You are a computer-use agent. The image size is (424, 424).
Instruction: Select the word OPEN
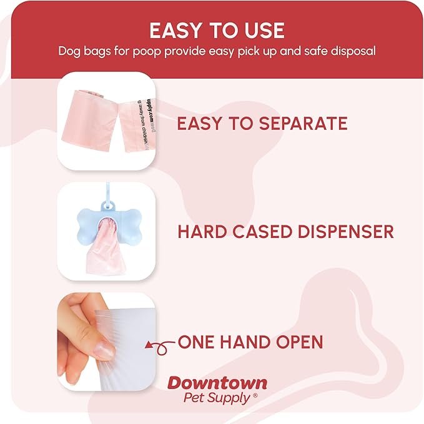pyautogui.click(x=300, y=342)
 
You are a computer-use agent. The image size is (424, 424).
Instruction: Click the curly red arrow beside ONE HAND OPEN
pyautogui.click(x=159, y=343)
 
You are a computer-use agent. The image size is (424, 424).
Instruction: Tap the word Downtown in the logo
pyautogui.click(x=217, y=383)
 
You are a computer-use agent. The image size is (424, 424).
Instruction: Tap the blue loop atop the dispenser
pyautogui.click(x=114, y=195)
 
